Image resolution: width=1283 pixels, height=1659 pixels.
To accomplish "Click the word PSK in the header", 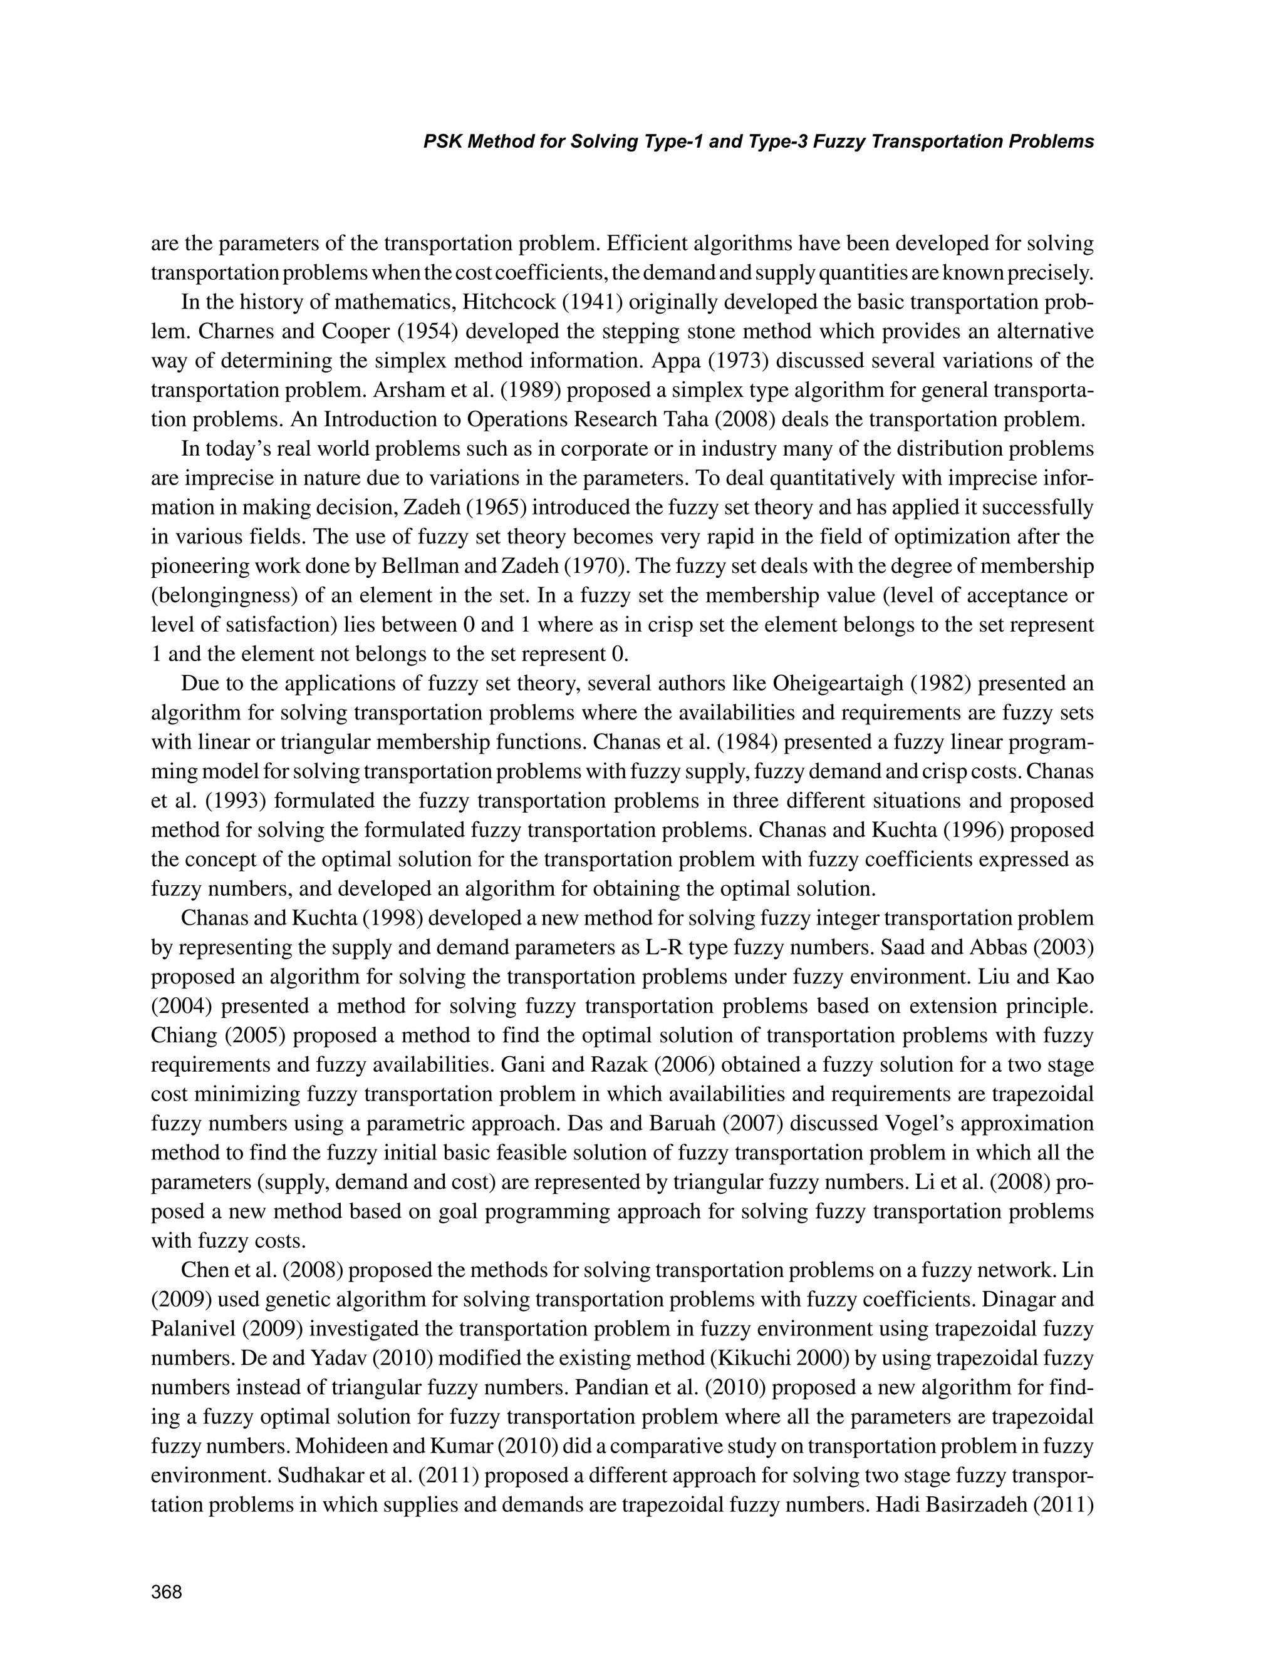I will [442, 141].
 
